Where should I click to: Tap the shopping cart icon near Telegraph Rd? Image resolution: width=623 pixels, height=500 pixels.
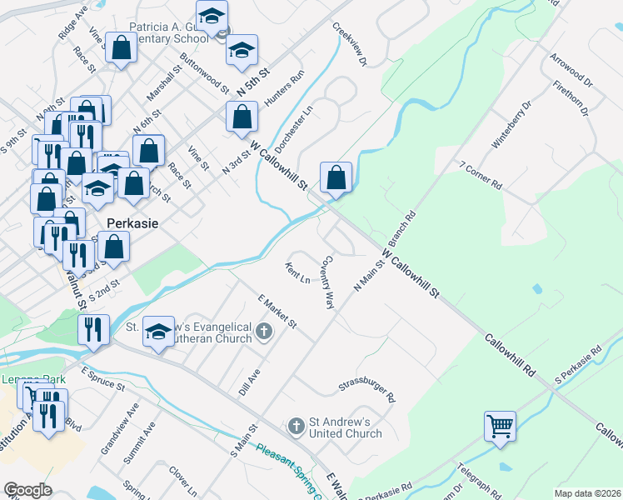coord(500,426)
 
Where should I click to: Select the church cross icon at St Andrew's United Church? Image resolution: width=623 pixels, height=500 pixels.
coord(296,427)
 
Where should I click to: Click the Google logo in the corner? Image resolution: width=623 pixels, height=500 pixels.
coord(27,490)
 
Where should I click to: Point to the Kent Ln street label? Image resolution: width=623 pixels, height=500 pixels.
coord(297,272)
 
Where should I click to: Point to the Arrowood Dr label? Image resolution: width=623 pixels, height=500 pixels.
coord(571,72)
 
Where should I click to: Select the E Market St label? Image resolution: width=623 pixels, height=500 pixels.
coord(277,310)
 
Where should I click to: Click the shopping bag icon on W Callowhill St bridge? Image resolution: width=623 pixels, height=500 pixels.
coord(336,178)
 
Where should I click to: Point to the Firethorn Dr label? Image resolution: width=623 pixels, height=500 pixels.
coord(571,99)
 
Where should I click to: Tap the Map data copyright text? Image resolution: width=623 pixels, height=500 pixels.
coord(587,493)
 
